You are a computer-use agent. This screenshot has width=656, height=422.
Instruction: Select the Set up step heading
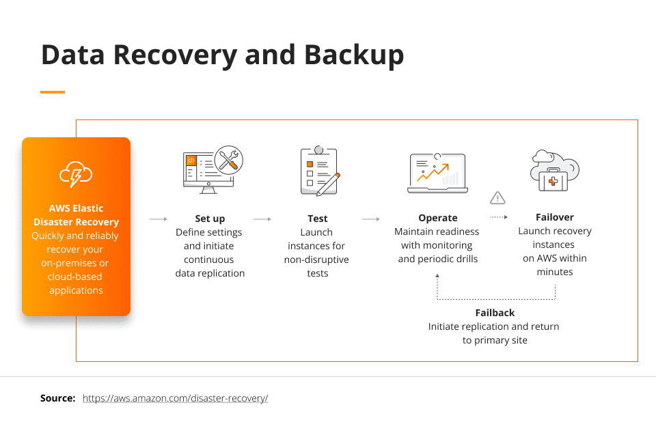210,219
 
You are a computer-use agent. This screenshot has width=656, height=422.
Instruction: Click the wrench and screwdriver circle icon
228,160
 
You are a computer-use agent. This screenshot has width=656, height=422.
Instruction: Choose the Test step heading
317,219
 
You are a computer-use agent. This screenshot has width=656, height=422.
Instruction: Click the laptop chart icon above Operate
437,173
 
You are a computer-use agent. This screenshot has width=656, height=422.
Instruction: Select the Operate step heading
437,218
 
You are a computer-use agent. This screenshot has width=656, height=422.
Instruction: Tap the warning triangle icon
498,198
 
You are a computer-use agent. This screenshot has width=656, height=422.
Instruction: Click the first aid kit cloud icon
554,171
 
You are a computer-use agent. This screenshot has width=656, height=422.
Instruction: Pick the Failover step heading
554,217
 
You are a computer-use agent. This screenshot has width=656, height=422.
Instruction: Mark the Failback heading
495,313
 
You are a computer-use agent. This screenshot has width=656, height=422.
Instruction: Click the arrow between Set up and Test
262,219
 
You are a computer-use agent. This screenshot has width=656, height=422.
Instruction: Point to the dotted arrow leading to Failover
499,217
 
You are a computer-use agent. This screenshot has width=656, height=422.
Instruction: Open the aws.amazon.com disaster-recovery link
175,398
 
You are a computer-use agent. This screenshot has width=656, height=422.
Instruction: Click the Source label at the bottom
57,398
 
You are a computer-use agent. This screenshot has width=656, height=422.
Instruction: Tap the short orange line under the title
53,92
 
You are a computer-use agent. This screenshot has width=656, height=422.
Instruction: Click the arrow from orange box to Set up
159,219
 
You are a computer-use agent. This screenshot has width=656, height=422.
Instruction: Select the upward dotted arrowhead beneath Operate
437,277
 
